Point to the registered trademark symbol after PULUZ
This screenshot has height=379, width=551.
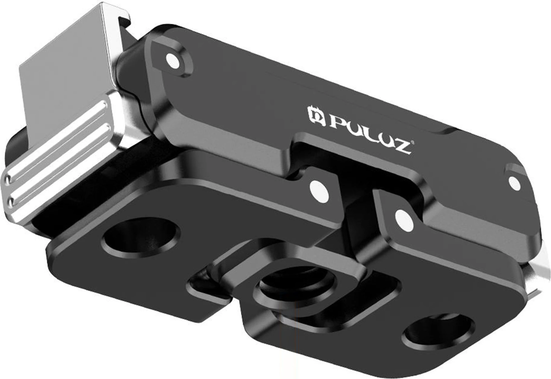(412, 143)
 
